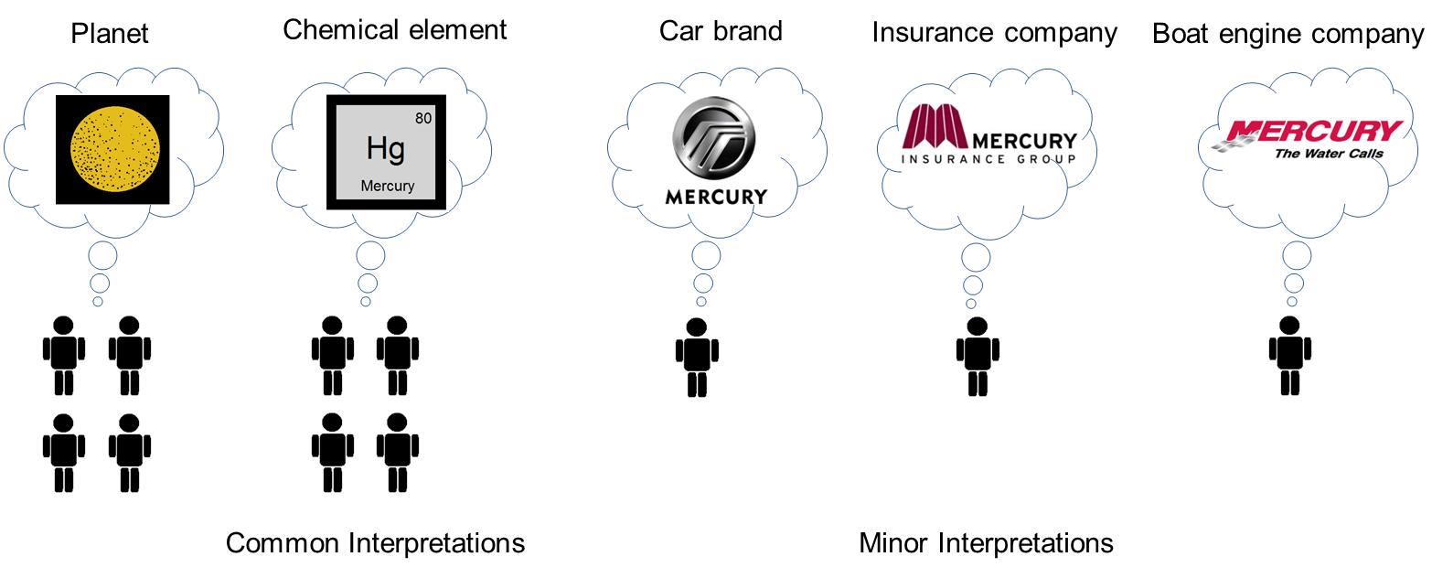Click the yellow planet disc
[x=114, y=149]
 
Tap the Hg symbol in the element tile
[x=385, y=148]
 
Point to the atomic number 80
[x=422, y=118]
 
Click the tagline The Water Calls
[x=1328, y=154]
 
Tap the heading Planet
[x=110, y=34]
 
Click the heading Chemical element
[x=394, y=29]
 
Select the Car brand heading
[x=721, y=31]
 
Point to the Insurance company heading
[x=994, y=33]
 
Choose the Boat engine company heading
[x=1288, y=34]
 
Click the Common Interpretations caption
[x=375, y=543]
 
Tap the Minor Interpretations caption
[x=986, y=543]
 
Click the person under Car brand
[x=697, y=357]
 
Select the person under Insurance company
[x=978, y=357]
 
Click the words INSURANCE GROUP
[x=988, y=158]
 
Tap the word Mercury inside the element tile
[x=387, y=186]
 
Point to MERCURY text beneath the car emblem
[x=716, y=197]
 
